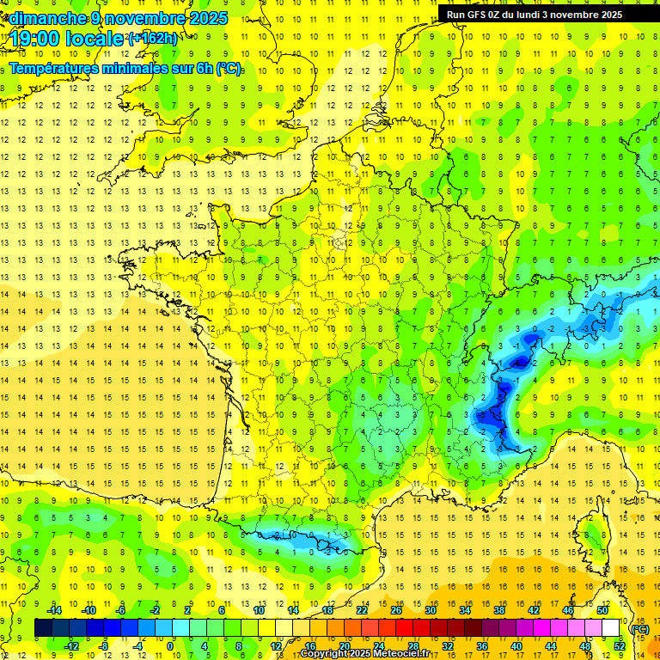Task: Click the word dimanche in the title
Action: [47, 18]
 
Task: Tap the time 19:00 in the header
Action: [38, 39]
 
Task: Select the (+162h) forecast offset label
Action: [153, 39]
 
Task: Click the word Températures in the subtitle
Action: [57, 68]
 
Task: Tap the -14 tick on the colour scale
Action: [55, 610]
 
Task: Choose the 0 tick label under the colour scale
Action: [170, 646]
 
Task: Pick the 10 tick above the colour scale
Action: [259, 610]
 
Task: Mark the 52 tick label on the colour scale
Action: [619, 646]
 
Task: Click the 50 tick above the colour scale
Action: [602, 610]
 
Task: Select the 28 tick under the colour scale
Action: [413, 646]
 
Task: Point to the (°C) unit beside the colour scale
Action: [639, 628]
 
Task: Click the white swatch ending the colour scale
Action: [611, 628]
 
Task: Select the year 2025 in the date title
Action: [207, 18]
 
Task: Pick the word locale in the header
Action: [95, 39]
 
